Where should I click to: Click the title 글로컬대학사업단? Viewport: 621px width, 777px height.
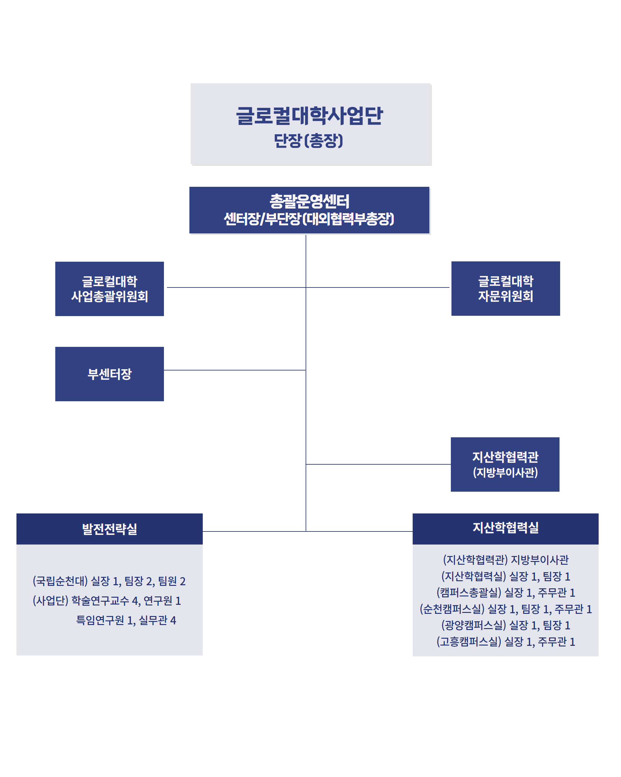(x=309, y=116)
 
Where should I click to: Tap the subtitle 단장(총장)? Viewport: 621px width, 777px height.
(x=309, y=140)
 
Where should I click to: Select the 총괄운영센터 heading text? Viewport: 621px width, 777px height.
(x=309, y=201)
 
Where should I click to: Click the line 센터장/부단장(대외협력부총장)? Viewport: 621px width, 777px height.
(x=309, y=219)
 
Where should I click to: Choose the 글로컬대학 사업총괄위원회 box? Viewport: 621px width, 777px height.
(x=109, y=289)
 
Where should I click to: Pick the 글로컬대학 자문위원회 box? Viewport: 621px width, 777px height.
(x=505, y=288)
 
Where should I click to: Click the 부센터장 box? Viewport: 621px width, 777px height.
(x=109, y=374)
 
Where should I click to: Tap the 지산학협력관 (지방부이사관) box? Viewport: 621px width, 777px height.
(x=505, y=464)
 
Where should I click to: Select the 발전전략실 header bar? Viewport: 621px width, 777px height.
(x=109, y=529)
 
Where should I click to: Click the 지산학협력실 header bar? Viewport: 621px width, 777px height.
(x=505, y=528)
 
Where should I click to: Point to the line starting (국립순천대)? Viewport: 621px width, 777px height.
(x=109, y=581)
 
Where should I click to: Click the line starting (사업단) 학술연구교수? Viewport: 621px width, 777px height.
(x=107, y=600)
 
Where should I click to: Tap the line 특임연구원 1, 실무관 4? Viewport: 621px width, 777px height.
(x=126, y=620)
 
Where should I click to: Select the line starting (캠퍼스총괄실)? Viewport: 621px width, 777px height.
(x=505, y=592)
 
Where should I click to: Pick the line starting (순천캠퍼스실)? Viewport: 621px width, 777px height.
(x=505, y=609)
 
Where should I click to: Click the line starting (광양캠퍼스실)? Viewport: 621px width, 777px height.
(x=505, y=625)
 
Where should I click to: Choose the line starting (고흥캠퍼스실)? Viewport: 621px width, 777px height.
(x=505, y=641)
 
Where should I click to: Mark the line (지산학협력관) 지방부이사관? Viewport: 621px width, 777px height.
(x=505, y=560)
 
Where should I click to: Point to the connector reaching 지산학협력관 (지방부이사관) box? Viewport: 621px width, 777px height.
(x=378, y=464)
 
